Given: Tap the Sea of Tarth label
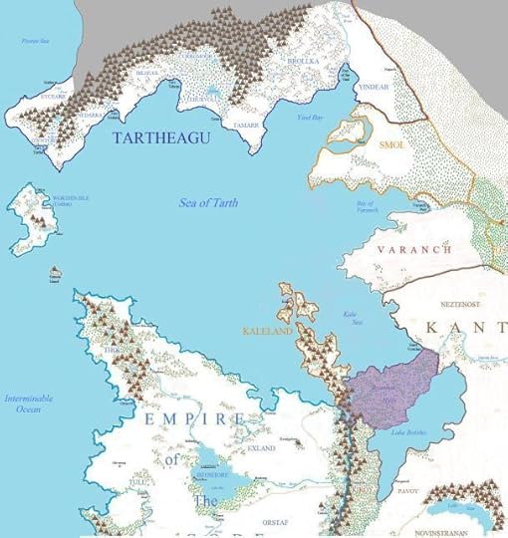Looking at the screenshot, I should [x=207, y=202].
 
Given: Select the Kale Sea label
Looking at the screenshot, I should [x=351, y=319].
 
